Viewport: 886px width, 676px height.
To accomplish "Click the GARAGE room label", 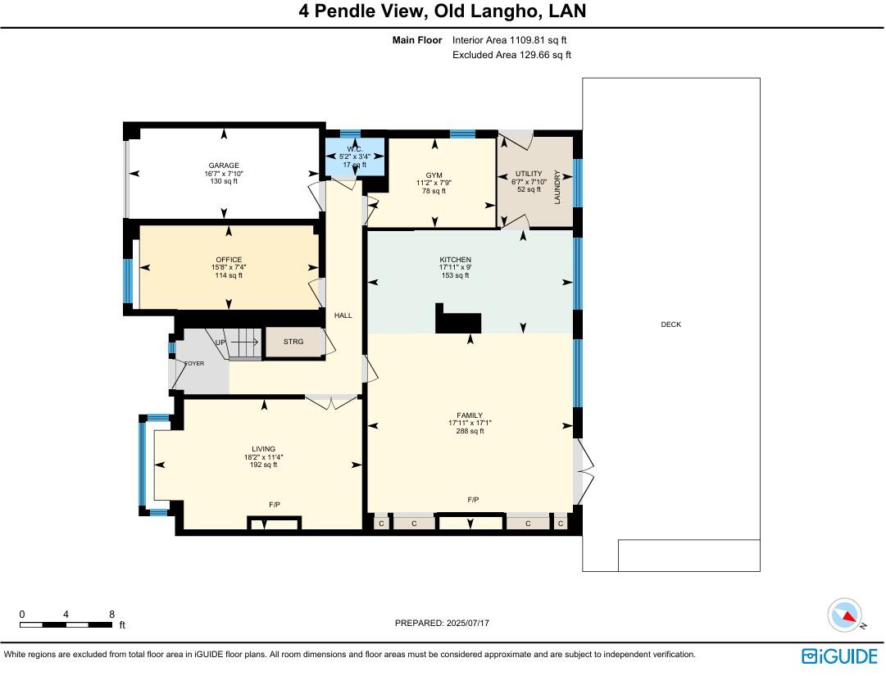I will [223, 166].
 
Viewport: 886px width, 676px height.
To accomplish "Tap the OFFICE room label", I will [229, 260].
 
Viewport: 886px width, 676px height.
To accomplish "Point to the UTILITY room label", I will [529, 174].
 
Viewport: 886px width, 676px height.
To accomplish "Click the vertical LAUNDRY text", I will [557, 187].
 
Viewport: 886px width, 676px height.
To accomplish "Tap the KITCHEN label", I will [455, 260].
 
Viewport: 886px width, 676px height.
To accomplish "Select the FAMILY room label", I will [470, 415].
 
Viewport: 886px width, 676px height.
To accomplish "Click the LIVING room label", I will [263, 449].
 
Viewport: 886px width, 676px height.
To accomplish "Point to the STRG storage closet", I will [293, 343].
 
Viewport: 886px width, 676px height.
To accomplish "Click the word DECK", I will [670, 324].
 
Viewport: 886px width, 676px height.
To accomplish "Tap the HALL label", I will [343, 315].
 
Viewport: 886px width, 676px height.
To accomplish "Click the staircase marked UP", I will [238, 343].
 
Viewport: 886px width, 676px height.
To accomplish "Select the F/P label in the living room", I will [275, 505].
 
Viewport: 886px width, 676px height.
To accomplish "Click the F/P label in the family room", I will [473, 500].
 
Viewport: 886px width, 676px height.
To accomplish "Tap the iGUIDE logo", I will [838, 656].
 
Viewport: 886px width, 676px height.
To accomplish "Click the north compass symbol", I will [846, 615].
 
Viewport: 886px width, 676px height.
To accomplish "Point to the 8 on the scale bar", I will [111, 614].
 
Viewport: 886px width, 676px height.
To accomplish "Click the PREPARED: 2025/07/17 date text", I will [442, 623].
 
